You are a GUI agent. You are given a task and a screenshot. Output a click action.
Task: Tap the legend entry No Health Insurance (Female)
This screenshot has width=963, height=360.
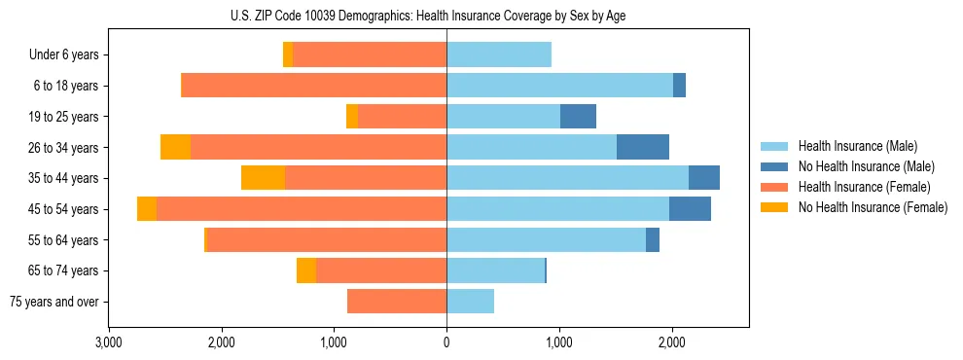click(873, 207)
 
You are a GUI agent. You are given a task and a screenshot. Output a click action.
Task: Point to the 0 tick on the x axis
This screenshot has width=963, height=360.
click(446, 342)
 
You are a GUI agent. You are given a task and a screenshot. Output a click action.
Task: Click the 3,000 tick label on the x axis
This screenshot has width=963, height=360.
click(109, 342)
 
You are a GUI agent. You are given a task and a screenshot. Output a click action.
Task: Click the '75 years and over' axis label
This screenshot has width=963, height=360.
click(54, 302)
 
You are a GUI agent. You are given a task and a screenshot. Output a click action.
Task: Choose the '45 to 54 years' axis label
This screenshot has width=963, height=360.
click(64, 209)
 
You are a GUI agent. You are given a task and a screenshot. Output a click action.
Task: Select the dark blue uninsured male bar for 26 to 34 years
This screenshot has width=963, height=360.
click(643, 147)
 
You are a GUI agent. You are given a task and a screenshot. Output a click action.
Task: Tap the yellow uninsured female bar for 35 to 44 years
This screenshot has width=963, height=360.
click(263, 178)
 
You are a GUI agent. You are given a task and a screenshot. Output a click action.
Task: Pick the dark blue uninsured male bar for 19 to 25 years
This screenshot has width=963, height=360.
click(578, 117)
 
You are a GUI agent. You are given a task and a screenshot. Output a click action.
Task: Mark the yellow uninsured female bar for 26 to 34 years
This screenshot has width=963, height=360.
click(175, 147)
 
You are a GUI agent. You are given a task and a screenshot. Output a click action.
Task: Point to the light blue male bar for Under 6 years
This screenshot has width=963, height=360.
click(499, 55)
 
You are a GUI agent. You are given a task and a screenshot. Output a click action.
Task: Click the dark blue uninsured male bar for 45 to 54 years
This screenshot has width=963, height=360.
click(690, 209)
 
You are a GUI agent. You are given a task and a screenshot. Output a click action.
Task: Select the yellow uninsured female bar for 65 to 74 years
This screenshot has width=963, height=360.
click(306, 270)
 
